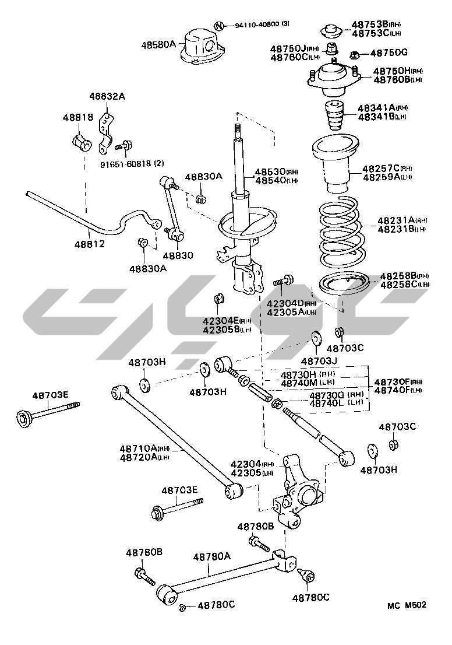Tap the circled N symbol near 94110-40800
point(219,26)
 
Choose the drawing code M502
point(415,605)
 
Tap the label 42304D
point(285,303)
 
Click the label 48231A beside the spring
point(395,220)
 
